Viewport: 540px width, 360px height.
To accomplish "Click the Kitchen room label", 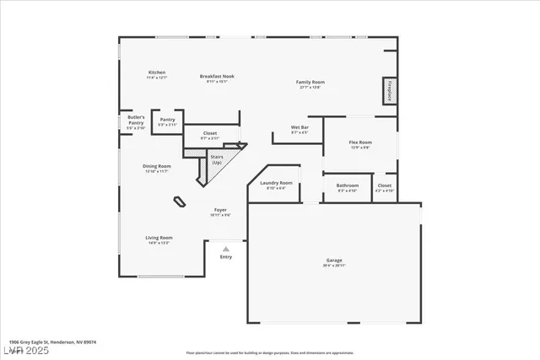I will click(x=157, y=74).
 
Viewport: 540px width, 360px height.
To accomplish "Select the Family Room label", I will click(x=310, y=83).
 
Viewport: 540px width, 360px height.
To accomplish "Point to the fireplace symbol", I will click(x=390, y=90).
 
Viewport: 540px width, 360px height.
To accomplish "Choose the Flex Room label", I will click(x=360, y=144).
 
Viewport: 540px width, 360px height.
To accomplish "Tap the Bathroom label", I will click(x=348, y=187).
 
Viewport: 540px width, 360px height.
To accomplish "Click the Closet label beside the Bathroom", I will click(x=384, y=187).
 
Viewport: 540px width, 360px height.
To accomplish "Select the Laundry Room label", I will click(x=276, y=185).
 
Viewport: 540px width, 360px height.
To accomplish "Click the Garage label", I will click(x=334, y=262).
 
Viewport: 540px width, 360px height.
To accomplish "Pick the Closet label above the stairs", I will click(x=210, y=134).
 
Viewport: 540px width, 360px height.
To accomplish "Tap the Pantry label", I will click(x=167, y=122).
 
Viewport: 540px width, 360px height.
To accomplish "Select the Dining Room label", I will click(x=157, y=168).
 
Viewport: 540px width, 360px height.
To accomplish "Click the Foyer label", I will click(x=219, y=212).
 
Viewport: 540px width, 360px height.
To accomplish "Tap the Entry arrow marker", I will click(x=225, y=249).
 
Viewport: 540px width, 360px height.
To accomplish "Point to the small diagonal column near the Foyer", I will click(x=180, y=201).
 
